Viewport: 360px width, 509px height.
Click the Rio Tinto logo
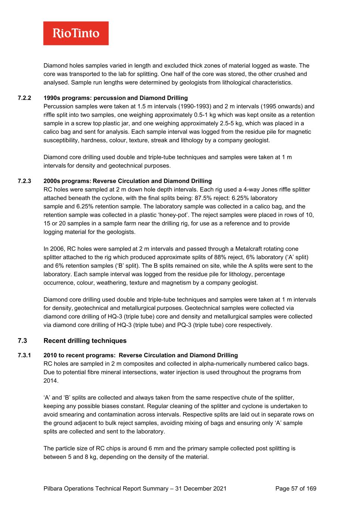[76, 33]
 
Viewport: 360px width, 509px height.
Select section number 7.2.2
[24, 98]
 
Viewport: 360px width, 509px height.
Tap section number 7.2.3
[24, 181]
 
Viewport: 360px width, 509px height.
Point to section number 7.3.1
[24, 355]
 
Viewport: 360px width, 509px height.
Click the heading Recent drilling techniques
[85, 341]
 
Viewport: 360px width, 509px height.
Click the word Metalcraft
[248, 249]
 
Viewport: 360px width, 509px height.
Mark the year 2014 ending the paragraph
[50, 381]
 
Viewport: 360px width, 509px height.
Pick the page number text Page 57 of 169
[295, 488]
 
